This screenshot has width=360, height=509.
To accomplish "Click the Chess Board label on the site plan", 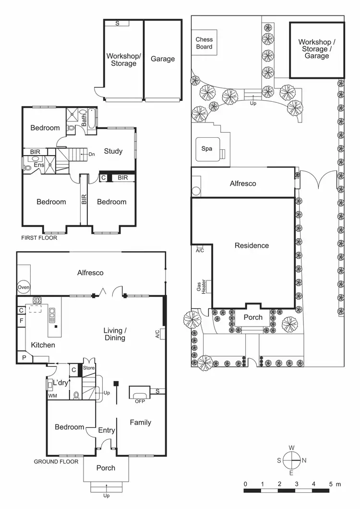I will [204, 43].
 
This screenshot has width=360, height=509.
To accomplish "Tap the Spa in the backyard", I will [207, 149].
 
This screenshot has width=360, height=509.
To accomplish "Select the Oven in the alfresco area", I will [24, 288].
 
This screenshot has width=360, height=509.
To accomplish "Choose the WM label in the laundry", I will [52, 396].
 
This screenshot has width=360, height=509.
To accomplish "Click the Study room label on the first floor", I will [113, 151].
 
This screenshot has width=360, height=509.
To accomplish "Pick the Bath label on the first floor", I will [84, 119].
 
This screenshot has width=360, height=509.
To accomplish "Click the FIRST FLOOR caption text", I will [39, 238].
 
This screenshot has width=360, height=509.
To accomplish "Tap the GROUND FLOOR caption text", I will [56, 461].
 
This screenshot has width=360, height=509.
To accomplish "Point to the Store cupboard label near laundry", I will [89, 368].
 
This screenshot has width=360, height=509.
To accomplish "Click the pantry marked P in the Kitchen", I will [23, 357].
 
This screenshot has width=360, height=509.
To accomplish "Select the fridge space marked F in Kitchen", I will [22, 320].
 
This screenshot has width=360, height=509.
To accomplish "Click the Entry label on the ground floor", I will [106, 430].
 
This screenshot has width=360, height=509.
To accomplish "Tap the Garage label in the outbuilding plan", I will [163, 59].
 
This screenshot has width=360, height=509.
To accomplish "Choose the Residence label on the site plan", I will [252, 245].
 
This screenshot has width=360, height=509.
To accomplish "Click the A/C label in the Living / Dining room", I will [157, 335].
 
